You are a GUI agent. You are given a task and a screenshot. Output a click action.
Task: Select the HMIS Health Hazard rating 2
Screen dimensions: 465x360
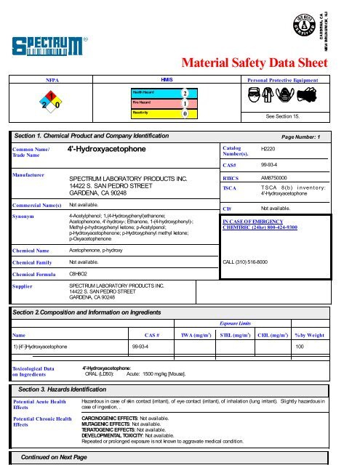(185, 94)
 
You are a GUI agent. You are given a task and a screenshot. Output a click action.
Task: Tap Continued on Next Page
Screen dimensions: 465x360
(55, 457)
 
